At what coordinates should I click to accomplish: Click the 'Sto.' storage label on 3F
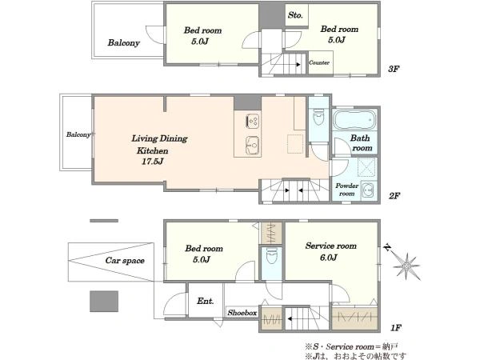point(295,15)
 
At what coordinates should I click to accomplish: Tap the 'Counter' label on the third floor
point(319,62)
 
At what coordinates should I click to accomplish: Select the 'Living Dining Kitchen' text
point(159,145)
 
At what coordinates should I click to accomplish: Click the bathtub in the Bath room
point(354,120)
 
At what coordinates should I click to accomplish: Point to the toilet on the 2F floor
point(318,117)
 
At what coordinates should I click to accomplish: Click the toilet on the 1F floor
point(271,256)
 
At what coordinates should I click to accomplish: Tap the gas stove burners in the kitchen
point(253,121)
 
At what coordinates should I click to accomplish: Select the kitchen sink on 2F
point(253,145)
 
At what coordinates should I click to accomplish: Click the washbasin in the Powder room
point(367,190)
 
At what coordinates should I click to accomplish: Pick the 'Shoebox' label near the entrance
point(242,313)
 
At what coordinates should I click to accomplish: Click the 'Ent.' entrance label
point(205,302)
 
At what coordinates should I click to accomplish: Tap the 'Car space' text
point(125,261)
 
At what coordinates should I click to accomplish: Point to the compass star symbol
point(406,266)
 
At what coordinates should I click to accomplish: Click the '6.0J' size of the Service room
point(328,258)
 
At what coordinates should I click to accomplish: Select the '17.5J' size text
point(152,162)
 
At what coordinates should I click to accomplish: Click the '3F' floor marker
point(394,69)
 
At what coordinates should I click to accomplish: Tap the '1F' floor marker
point(395,328)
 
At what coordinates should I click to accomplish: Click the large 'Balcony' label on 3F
point(124,43)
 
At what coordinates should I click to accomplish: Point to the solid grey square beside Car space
point(104,302)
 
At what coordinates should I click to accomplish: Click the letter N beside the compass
point(388,247)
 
